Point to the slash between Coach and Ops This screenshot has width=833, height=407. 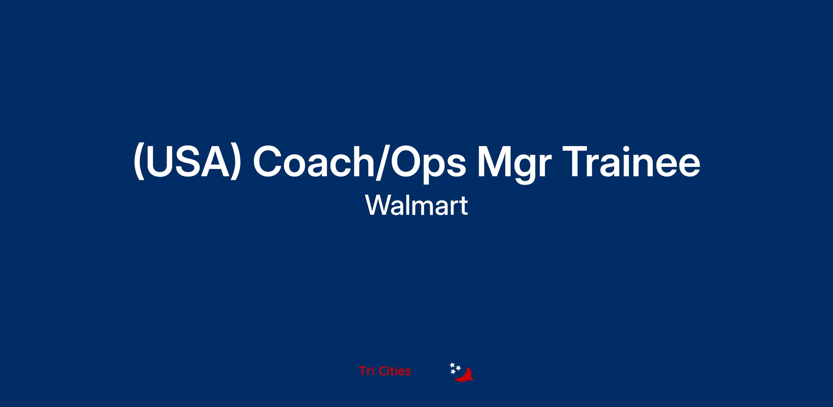383,163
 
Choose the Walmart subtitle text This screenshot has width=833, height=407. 416,205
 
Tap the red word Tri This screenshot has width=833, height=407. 366,371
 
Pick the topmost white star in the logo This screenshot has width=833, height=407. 452,365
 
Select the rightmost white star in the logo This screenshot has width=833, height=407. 458,368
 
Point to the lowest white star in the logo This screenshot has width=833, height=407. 453,372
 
